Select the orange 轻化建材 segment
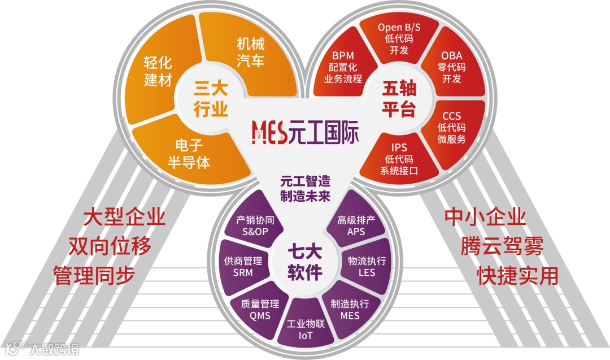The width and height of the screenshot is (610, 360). click(158, 71)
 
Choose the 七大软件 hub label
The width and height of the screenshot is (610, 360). click(305, 262)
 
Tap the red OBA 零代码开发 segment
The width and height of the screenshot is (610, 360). click(452, 67)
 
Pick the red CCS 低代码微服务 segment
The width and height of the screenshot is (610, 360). click(452, 127)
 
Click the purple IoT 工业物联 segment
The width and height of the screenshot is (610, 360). click(305, 331)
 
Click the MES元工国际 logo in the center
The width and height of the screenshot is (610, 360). click(305, 132)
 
